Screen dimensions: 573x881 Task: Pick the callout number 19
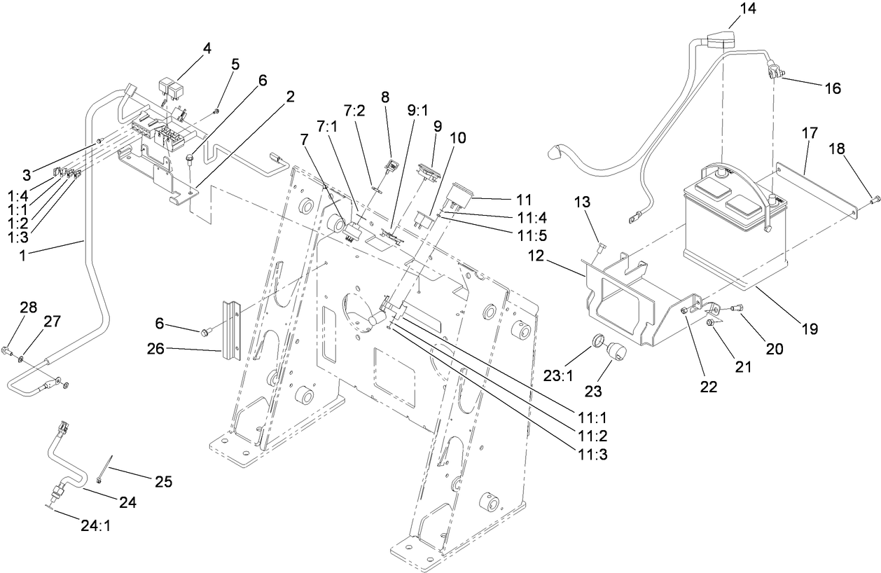pyautogui.click(x=810, y=328)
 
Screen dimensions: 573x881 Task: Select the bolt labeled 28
pyautogui.click(x=9, y=349)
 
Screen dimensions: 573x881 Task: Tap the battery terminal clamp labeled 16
pyautogui.click(x=775, y=71)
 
